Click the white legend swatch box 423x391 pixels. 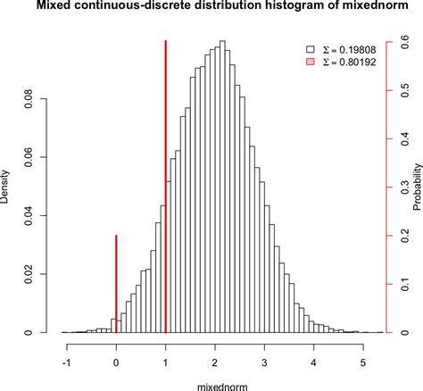(x=310, y=50)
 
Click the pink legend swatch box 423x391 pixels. (x=310, y=63)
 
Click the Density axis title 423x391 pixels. (x=8, y=187)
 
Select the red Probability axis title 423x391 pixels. (x=417, y=187)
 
